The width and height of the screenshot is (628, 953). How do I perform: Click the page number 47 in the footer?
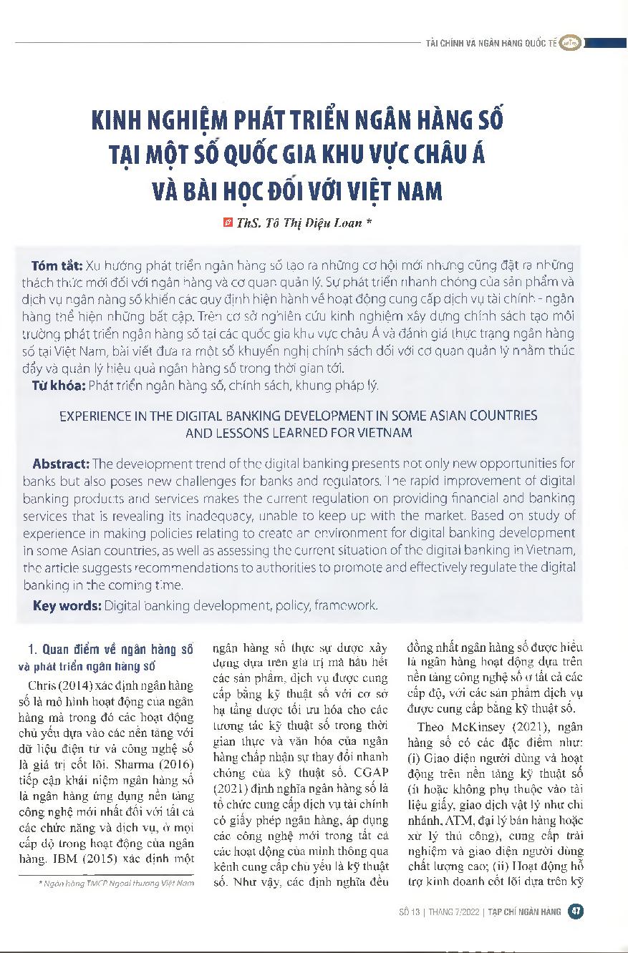tap(575, 911)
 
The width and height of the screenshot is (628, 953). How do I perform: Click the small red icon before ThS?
tap(228, 223)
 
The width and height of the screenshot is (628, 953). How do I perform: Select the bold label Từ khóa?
tap(59, 386)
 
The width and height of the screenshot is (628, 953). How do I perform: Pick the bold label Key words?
tap(67, 605)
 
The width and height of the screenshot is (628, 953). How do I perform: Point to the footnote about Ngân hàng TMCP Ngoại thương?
tap(117, 884)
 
